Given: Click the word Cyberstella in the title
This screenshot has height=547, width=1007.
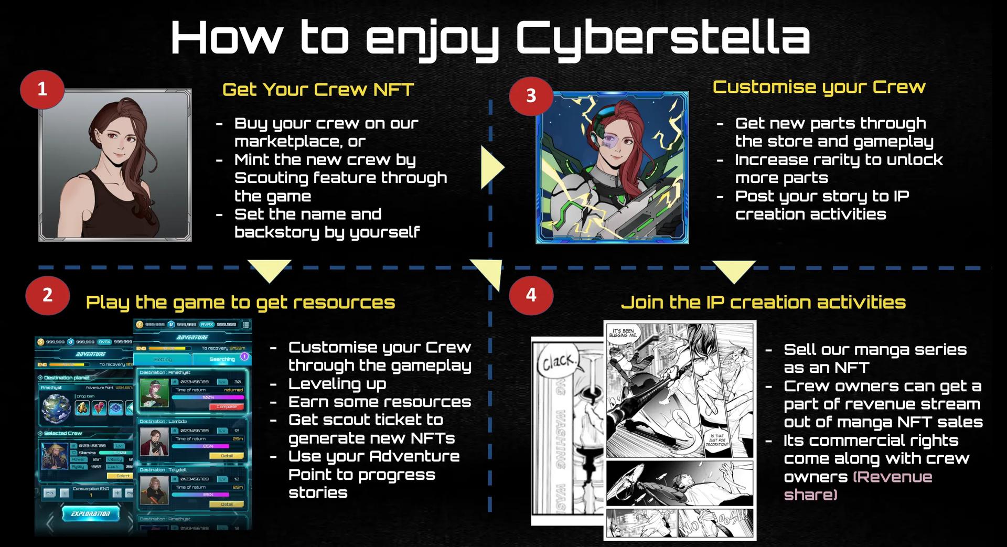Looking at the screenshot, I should (663, 38).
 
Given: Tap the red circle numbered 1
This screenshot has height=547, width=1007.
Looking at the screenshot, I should (42, 90).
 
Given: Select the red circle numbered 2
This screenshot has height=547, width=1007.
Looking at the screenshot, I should (47, 295).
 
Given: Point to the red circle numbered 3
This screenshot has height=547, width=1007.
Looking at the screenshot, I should (531, 95).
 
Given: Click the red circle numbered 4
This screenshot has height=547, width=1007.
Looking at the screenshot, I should (531, 295).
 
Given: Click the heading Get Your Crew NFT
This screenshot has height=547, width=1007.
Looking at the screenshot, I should (318, 90).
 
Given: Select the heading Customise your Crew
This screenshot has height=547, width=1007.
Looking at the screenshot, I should (819, 87).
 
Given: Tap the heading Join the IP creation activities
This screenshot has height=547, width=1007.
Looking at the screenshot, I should (763, 302).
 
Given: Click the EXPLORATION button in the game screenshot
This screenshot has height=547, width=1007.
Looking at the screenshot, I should (90, 513).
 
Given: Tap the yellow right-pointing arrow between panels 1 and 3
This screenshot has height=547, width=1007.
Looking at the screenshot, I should (491, 167).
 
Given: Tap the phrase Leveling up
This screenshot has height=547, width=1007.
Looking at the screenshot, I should (337, 384).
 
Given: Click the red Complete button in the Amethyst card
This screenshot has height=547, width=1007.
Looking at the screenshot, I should (227, 406).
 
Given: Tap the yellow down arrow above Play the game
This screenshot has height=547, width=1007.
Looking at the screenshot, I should (270, 270).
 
